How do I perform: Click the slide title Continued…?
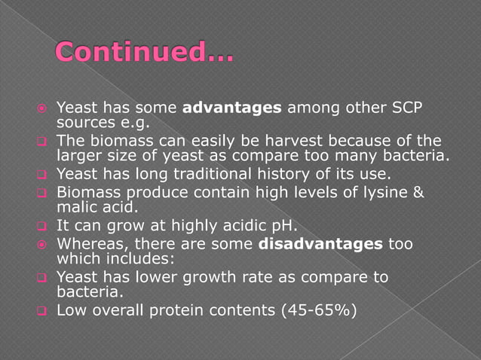[x=144, y=54]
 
